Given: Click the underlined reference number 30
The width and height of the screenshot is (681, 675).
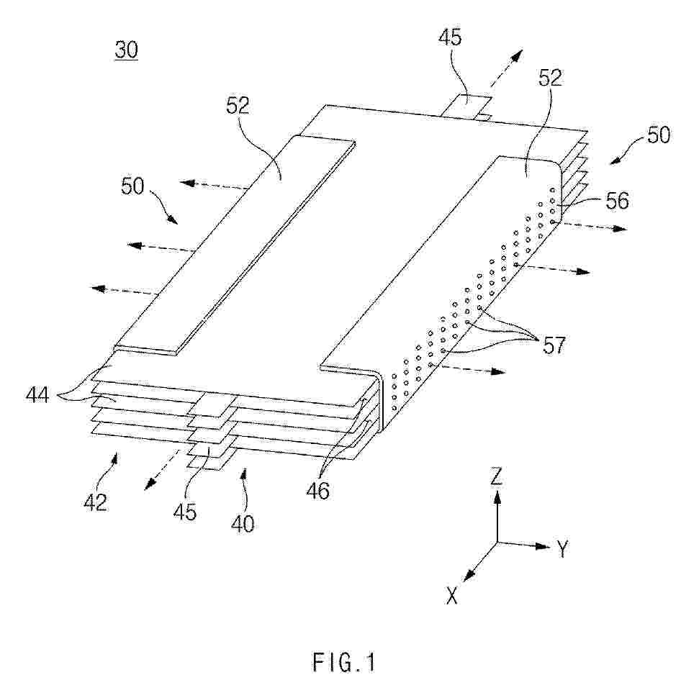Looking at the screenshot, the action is click(x=127, y=50).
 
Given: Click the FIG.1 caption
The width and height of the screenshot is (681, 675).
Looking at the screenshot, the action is click(x=343, y=662).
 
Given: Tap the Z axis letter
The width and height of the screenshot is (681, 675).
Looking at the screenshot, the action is click(x=497, y=476).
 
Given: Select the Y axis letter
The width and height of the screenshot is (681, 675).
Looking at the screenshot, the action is click(x=562, y=548).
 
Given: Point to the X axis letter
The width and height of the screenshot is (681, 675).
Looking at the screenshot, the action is click(x=452, y=595).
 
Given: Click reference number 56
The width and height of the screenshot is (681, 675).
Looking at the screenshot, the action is click(x=617, y=201).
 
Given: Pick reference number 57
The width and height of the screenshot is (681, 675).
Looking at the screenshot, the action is click(x=554, y=345).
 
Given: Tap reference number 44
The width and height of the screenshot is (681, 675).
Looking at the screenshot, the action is click(x=37, y=395).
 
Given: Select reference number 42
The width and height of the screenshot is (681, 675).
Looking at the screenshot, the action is click(x=95, y=502).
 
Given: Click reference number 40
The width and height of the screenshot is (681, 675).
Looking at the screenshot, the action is click(x=243, y=523).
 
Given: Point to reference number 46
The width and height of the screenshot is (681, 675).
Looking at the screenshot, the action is click(x=318, y=491).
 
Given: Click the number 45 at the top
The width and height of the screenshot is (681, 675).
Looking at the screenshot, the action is click(x=449, y=37).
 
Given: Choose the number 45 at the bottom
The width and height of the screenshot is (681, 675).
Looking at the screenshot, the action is click(x=185, y=512).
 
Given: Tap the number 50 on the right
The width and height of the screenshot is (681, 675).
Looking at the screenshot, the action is click(x=659, y=135).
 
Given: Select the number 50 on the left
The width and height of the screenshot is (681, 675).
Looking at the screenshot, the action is click(x=132, y=186).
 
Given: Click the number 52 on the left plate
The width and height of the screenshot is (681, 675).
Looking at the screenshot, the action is click(x=238, y=105).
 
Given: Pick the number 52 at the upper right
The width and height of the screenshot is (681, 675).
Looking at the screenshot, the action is click(x=550, y=78).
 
